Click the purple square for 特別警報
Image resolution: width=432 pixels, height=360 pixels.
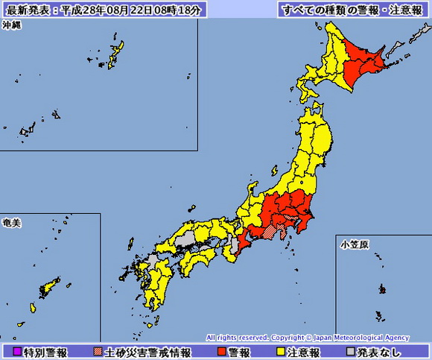(x=17, y=352)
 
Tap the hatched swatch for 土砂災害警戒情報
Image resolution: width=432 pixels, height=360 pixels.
(x=98, y=352)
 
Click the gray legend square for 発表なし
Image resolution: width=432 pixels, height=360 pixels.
(x=350, y=352)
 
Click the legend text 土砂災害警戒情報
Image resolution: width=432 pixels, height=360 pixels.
(x=147, y=352)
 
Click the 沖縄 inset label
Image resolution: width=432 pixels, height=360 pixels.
(x=12, y=25)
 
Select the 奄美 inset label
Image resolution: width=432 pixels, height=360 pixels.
(x=12, y=223)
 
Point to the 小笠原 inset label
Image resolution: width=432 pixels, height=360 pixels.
(x=353, y=244)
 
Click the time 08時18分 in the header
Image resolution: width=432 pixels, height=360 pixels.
(x=182, y=10)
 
